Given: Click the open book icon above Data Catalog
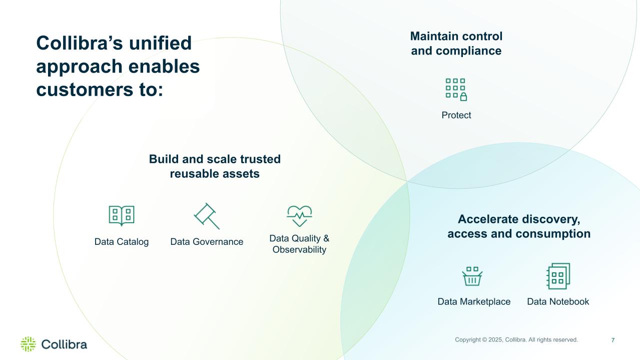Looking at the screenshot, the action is coord(122,216).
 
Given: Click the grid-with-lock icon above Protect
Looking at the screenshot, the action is coord(456,90).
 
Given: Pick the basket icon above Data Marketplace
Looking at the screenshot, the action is coord(472,276).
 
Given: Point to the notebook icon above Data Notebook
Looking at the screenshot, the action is coord(558,276).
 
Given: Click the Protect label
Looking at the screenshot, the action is coord(456,115).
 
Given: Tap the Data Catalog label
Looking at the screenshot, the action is coord(122,242).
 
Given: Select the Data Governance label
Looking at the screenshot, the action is coord(207,242).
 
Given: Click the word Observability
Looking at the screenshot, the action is coord(299,250).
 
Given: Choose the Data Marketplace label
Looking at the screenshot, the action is coord(474,301).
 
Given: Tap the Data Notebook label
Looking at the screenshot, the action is coord(558,301).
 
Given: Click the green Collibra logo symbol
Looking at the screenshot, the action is coord(29,344).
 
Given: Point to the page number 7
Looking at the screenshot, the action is coord(613,340).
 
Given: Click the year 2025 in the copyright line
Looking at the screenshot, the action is coord(496,340).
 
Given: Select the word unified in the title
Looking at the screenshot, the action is coord(160,43).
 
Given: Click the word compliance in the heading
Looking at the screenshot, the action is coord(468,51).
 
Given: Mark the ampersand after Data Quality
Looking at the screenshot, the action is coord(326,238).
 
